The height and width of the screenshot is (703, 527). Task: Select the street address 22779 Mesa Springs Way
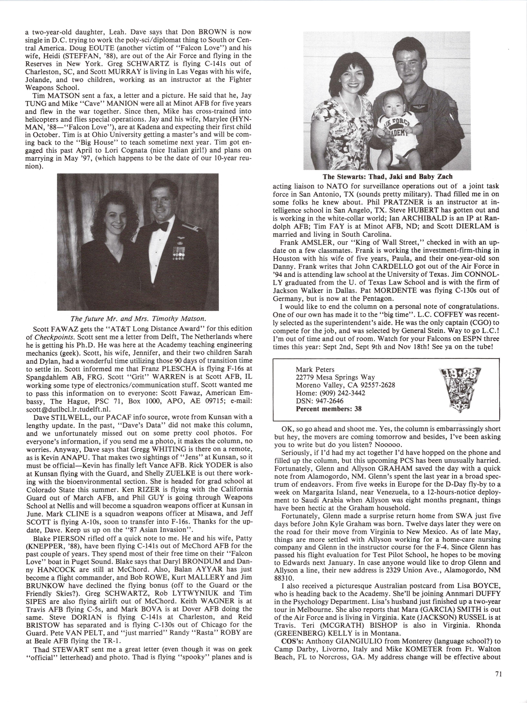pyautogui.click(x=335, y=377)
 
